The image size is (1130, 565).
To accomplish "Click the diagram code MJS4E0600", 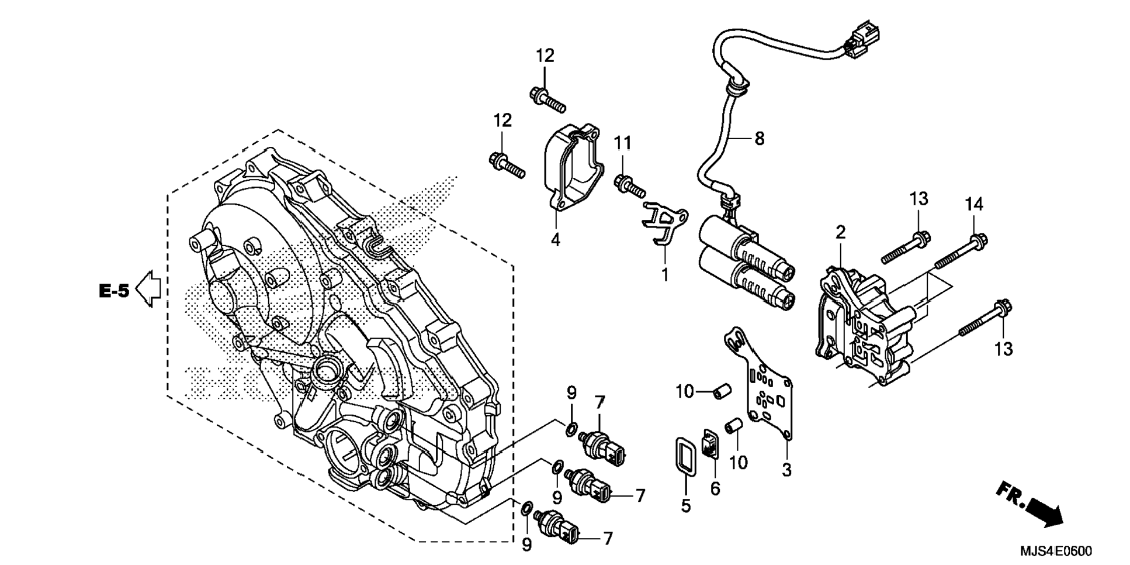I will [x=1055, y=551].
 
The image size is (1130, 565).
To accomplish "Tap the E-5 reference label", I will [x=114, y=291].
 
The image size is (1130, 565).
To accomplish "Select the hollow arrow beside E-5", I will [x=148, y=288].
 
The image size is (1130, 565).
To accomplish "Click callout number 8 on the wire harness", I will [x=759, y=139].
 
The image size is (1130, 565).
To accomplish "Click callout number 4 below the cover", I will [x=555, y=239].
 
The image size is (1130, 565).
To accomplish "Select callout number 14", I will [x=973, y=205].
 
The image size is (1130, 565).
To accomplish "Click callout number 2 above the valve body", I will [x=840, y=233].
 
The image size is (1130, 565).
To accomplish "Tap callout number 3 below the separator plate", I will [x=786, y=469].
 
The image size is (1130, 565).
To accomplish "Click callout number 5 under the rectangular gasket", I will [x=685, y=505].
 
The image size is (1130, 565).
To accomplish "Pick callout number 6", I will [x=715, y=488].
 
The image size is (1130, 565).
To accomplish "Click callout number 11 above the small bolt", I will [x=622, y=143].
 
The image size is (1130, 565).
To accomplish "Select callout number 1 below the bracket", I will [x=664, y=274].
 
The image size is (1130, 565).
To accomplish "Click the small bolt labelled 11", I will [x=629, y=186].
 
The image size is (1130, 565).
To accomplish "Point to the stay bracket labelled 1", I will [x=664, y=221].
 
